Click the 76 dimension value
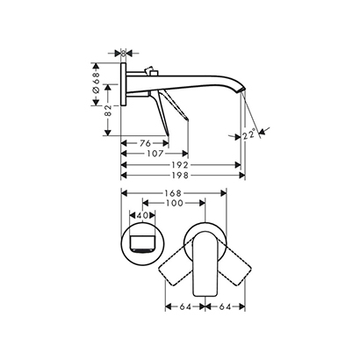click(x=145, y=143)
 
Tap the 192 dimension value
click(x=179, y=165)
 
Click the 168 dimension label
click(x=173, y=193)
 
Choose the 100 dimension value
click(x=175, y=203)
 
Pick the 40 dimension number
click(x=142, y=215)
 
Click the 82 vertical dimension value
click(x=108, y=111)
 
